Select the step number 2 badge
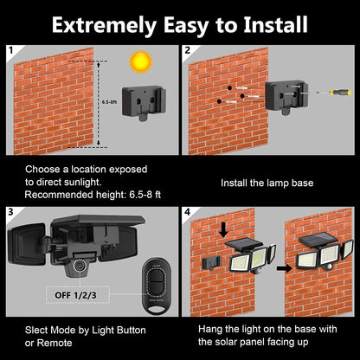(187, 51)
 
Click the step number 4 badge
(187, 211)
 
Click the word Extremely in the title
(103, 23)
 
